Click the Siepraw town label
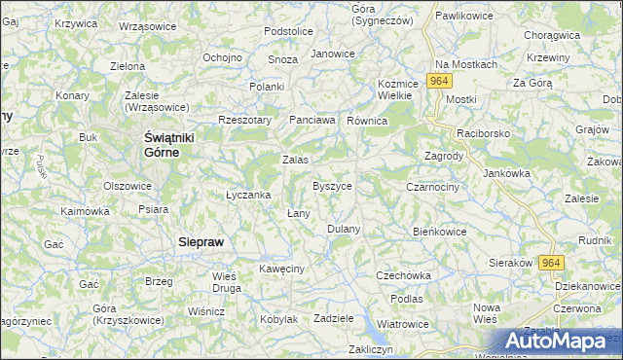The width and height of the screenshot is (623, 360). pyautogui.click(x=204, y=242)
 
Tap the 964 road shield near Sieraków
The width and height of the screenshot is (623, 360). pyautogui.click(x=552, y=263)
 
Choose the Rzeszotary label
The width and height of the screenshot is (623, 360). pyautogui.click(x=243, y=120)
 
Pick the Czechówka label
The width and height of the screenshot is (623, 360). pyautogui.click(x=403, y=275)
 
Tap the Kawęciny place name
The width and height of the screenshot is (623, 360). pyautogui.click(x=282, y=268)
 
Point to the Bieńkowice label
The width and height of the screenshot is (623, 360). pyautogui.click(x=440, y=232)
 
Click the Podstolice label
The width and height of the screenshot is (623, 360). pyautogui.click(x=288, y=31)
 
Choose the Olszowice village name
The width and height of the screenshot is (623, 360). pyautogui.click(x=128, y=185)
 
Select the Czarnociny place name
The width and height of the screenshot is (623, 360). pyautogui.click(x=432, y=185)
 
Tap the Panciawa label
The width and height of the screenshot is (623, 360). pyautogui.click(x=312, y=120)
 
